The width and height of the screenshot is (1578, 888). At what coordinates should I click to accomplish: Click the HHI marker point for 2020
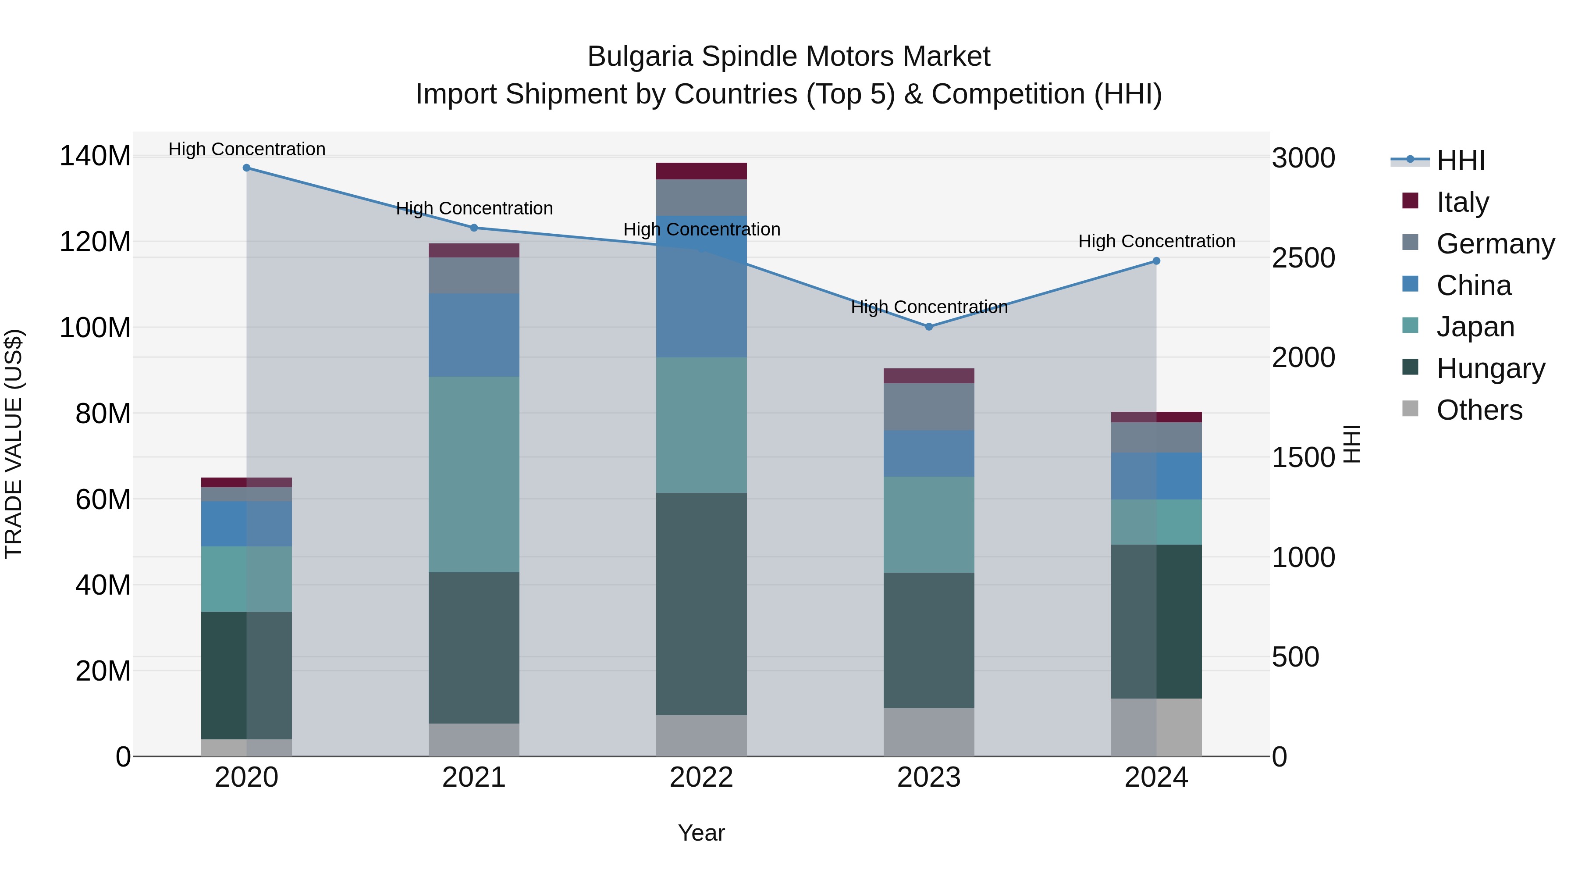246,168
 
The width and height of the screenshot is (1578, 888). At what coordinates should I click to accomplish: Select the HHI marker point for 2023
929,327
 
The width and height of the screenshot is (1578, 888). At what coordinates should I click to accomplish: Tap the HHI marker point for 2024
1156,261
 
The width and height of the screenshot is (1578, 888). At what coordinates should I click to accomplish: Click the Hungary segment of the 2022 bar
701,604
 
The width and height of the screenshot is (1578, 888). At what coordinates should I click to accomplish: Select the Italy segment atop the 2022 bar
701,171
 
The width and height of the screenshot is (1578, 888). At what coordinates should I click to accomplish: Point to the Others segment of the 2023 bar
929,732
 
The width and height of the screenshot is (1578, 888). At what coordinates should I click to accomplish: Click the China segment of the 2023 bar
929,453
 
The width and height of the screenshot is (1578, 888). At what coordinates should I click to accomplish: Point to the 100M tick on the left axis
95,328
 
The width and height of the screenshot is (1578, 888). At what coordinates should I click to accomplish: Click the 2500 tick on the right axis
1304,258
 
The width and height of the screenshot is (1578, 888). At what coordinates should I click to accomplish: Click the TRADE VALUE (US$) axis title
14,444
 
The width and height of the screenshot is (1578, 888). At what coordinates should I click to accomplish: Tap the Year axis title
701,833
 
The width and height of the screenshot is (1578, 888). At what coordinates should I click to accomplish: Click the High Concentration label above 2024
1156,242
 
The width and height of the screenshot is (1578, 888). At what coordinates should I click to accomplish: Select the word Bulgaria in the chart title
640,57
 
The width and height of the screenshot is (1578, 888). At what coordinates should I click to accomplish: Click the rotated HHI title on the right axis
1351,444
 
